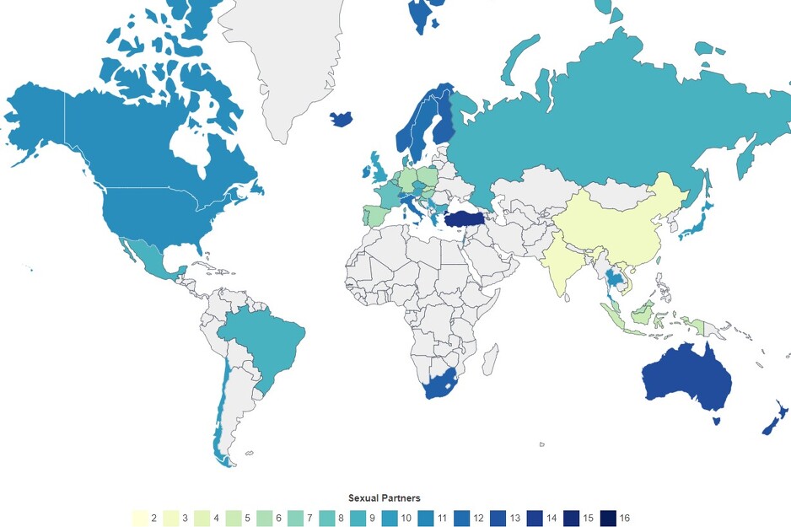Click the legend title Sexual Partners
pyautogui.click(x=384, y=498)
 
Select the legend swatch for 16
pyautogui.click(x=607, y=518)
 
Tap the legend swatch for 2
pyautogui.click(x=139, y=518)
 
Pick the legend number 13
pyautogui.click(x=515, y=518)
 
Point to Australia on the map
pyautogui.click(x=683, y=379)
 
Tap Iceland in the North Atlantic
pyautogui.click(x=341, y=119)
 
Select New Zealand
pyautogui.click(x=777, y=422)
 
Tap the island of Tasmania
pyautogui.click(x=717, y=420)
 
